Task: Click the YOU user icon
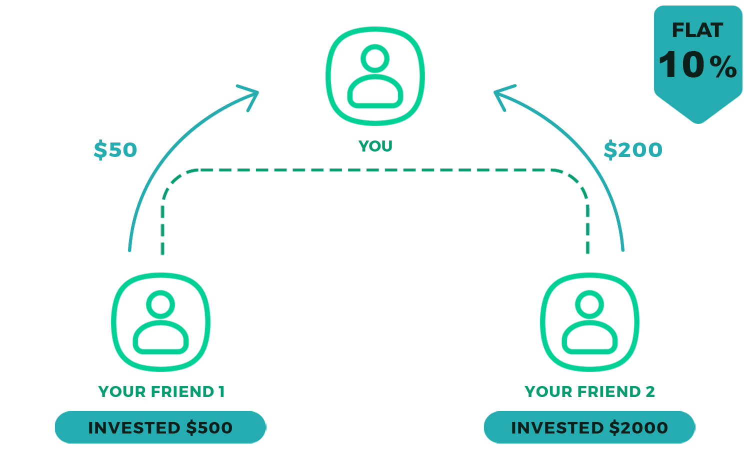point(375,76)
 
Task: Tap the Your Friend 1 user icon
point(160,322)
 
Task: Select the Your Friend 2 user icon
point(589,322)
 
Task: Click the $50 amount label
point(115,149)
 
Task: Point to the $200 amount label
point(633,149)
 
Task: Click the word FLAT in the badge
point(697,30)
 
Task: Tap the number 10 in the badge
point(680,64)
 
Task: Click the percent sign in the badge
point(723,67)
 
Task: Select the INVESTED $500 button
point(160,427)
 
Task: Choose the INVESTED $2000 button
point(589,427)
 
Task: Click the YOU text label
point(375,146)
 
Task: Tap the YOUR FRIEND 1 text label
point(162,391)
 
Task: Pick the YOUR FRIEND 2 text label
point(590,391)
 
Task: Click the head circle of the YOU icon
point(375,58)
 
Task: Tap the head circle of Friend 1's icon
point(160,304)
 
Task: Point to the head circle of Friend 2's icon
point(589,304)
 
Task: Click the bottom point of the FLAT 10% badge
point(698,121)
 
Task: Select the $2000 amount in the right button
point(639,427)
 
